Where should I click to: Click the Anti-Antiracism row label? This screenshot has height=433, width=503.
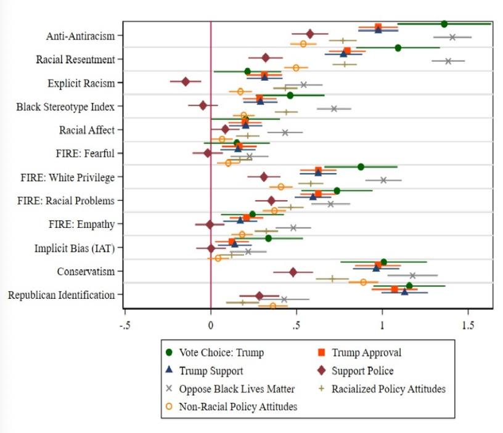click(x=80, y=36)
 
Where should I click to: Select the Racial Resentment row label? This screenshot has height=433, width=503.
click(x=75, y=60)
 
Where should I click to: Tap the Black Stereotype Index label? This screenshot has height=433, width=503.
click(x=65, y=107)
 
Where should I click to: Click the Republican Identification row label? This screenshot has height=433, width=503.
click(x=61, y=295)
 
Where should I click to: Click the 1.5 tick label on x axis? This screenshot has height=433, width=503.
click(x=468, y=324)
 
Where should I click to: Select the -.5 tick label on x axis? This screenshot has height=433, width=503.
click(x=125, y=324)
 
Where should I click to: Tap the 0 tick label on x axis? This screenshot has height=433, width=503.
click(x=211, y=324)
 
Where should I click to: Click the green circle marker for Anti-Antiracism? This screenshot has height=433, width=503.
click(x=444, y=24)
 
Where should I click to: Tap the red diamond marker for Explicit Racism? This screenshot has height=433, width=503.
click(x=186, y=81)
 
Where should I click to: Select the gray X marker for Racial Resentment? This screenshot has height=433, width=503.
click(x=448, y=61)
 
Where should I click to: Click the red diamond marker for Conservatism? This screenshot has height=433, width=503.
click(x=293, y=272)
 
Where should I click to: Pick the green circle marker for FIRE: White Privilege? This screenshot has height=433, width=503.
click(x=361, y=166)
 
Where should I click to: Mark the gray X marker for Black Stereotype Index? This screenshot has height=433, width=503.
click(x=334, y=108)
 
